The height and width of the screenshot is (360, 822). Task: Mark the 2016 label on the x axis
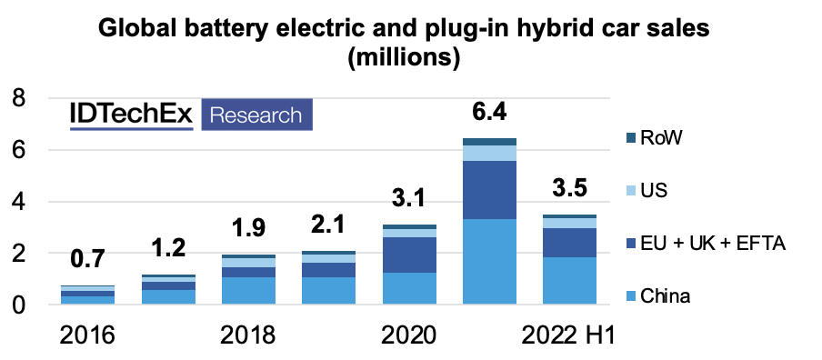pos(87,334)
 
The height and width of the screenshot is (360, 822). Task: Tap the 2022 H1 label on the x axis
pos(568,334)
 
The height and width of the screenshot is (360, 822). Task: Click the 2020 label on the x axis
pos(409,334)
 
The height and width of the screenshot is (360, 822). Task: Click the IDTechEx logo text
pos(132,115)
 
